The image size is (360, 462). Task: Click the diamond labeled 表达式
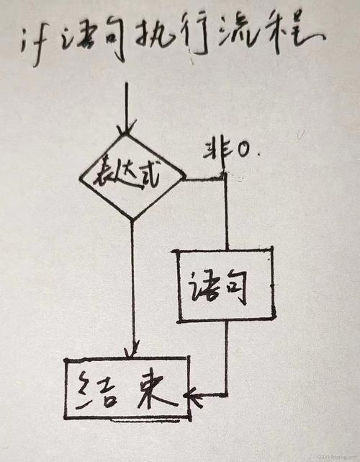point(132,176)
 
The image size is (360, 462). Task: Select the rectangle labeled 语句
point(227,284)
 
